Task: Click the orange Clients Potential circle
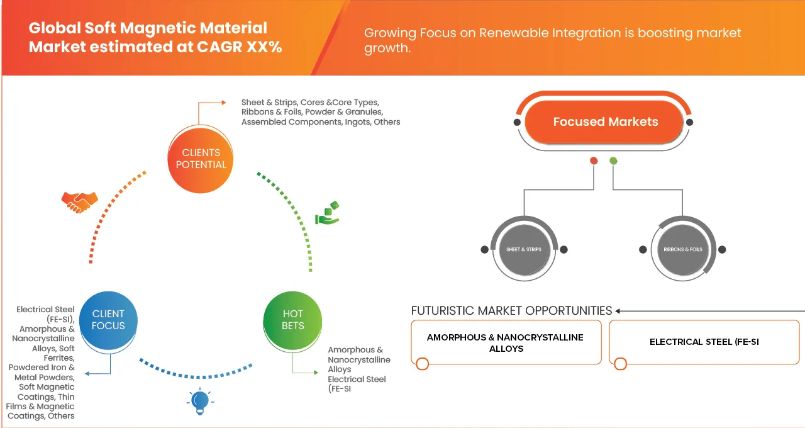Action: click(x=201, y=159)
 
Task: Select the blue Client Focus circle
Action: click(x=108, y=320)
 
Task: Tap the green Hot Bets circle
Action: click(x=292, y=320)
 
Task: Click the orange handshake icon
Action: click(x=79, y=201)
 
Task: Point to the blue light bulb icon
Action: click(x=199, y=401)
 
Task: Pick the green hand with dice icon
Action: click(x=327, y=213)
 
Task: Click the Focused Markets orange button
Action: click(x=605, y=122)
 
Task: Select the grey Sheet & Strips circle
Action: click(x=523, y=249)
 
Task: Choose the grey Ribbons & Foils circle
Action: click(x=682, y=249)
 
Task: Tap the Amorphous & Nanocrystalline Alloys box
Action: click(x=506, y=342)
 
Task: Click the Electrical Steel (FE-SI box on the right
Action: click(x=704, y=342)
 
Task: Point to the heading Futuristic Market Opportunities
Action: click(x=511, y=311)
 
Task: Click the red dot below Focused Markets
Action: click(x=593, y=161)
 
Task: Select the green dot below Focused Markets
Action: click(x=613, y=161)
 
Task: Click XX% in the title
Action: click(x=264, y=46)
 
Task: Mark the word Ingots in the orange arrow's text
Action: click(x=357, y=121)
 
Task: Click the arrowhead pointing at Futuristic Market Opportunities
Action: click(x=618, y=311)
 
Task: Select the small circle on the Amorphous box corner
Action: click(x=422, y=364)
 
